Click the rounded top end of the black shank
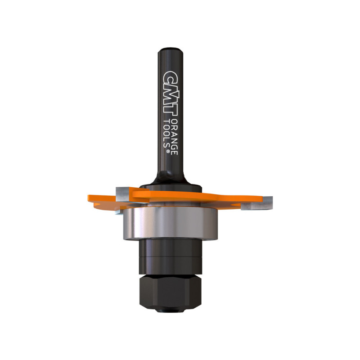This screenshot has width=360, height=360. point(171,49)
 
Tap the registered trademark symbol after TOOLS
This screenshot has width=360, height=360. point(167,152)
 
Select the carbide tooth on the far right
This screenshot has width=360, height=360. point(256,203)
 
